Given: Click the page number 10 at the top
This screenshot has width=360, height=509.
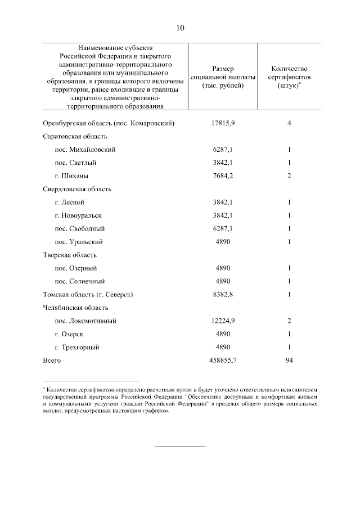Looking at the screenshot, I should pyautogui.click(x=179, y=28).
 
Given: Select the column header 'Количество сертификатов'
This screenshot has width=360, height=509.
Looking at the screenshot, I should pyautogui.click(x=289, y=76).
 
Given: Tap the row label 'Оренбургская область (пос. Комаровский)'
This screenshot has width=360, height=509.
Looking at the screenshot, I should pyautogui.click(x=109, y=123).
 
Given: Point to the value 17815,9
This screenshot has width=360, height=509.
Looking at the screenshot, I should pyautogui.click(x=223, y=123).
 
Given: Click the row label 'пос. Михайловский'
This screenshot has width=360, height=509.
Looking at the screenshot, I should pyautogui.click(x=85, y=150).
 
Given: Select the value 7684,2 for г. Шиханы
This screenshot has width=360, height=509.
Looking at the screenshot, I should pyautogui.click(x=223, y=176).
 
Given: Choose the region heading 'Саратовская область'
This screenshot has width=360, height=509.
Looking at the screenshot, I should pyautogui.click(x=75, y=137).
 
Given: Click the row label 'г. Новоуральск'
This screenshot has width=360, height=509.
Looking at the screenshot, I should pyautogui.click(x=79, y=215).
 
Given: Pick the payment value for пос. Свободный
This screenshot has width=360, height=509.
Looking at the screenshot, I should pyautogui.click(x=223, y=229).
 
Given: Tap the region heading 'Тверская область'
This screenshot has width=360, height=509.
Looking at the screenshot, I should pyautogui.click(x=70, y=255).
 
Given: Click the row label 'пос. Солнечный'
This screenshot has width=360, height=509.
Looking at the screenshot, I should pyautogui.click(x=80, y=281).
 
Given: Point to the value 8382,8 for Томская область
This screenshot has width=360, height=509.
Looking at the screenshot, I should pyautogui.click(x=223, y=294).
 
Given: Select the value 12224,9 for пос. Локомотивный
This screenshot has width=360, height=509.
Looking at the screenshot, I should pyautogui.click(x=223, y=321).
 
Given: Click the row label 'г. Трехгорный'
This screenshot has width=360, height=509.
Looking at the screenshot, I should pyautogui.click(x=77, y=347).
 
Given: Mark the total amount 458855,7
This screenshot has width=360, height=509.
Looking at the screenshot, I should pyautogui.click(x=223, y=360).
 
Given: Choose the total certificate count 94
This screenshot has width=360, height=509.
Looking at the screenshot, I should pyautogui.click(x=289, y=360).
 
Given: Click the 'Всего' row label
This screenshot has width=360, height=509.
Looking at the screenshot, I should pyautogui.click(x=52, y=360).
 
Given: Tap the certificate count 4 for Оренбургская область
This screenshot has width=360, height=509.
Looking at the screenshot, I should pyautogui.click(x=289, y=123).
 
